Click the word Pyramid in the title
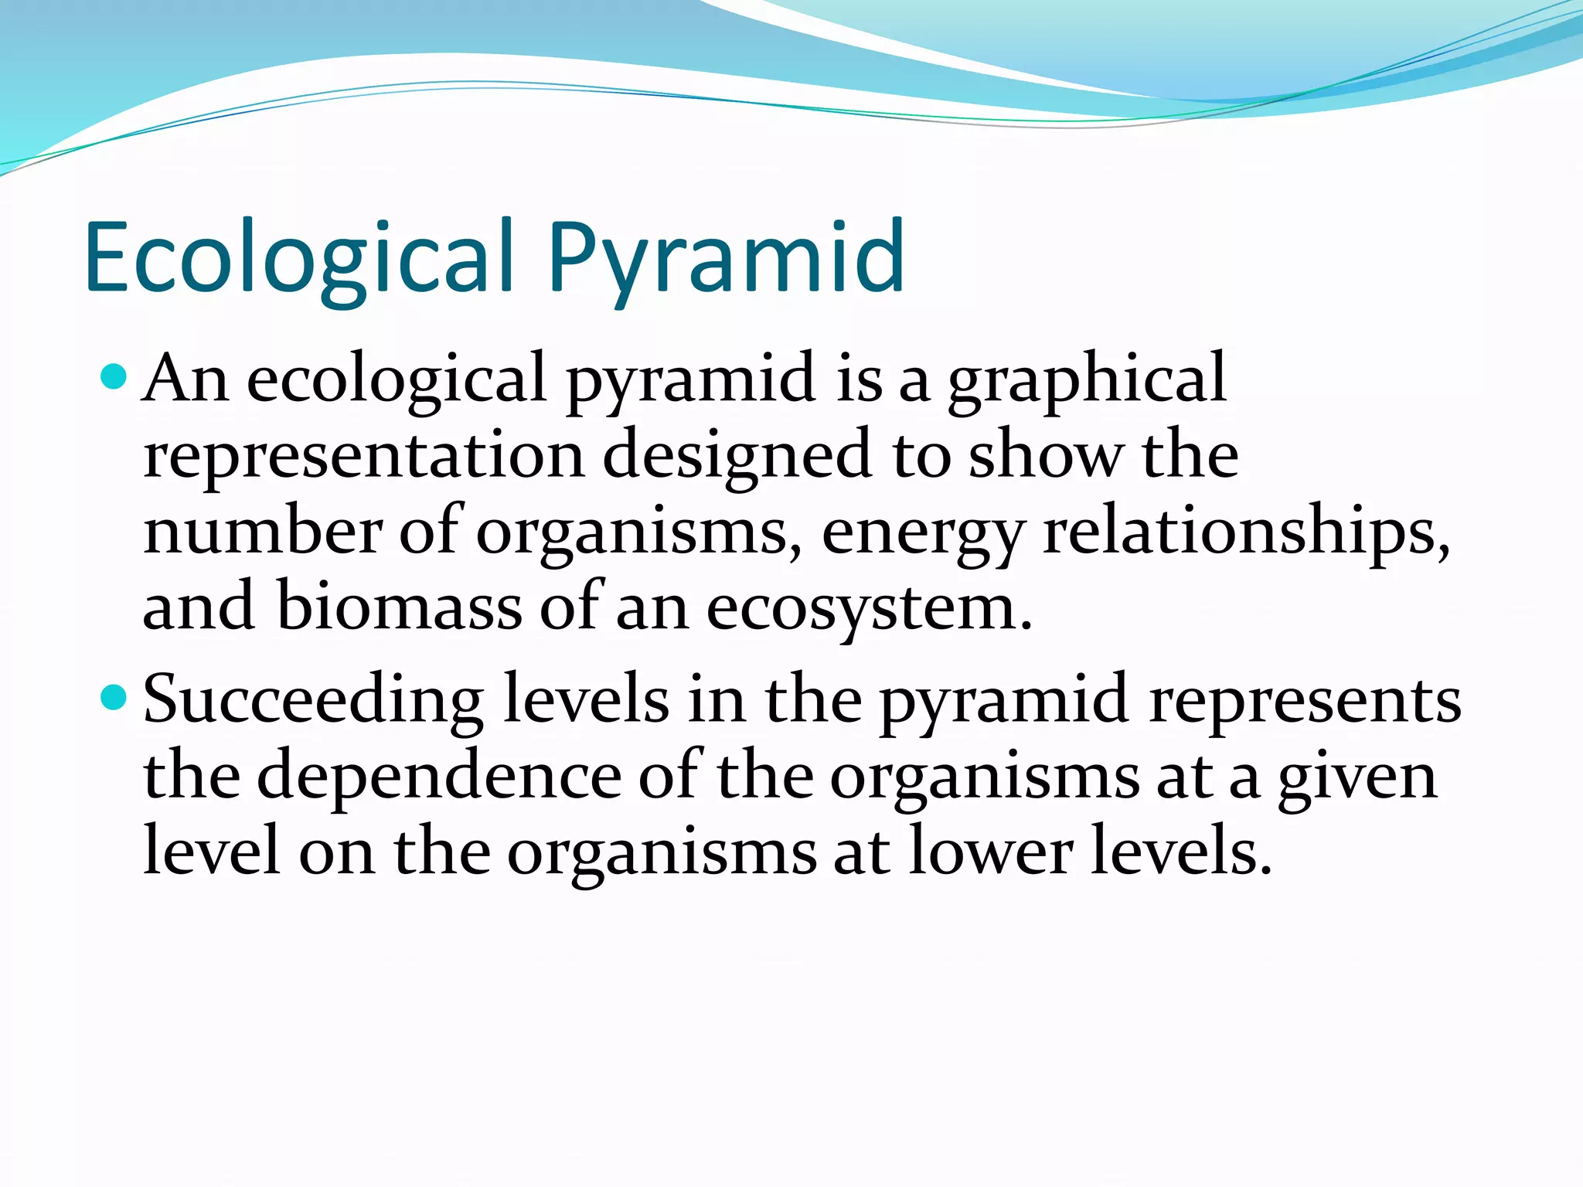tap(727, 259)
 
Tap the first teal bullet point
tap(114, 377)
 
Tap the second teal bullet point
tap(114, 698)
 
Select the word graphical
tap(1086, 380)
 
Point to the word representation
tap(363, 456)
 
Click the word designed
tap(738, 456)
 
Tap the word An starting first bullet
tap(186, 379)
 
